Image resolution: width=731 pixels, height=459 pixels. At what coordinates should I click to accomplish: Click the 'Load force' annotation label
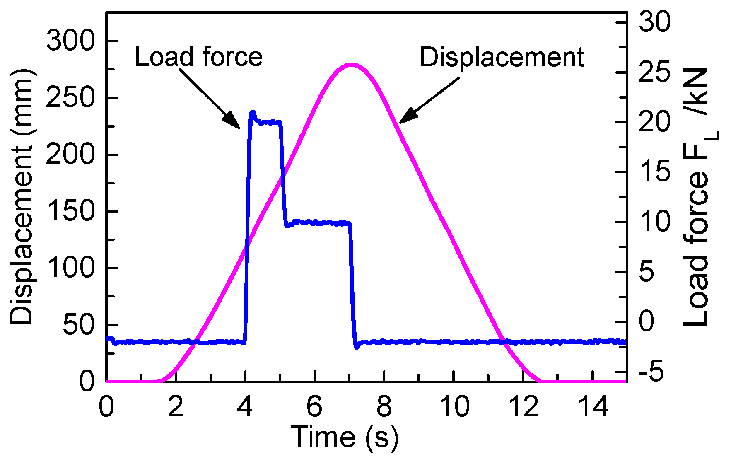198,57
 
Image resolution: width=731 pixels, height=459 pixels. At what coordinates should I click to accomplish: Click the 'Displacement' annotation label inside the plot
502,57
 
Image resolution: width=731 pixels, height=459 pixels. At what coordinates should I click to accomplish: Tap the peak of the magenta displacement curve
351,65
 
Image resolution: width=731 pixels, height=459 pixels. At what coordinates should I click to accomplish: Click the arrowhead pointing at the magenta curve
407,116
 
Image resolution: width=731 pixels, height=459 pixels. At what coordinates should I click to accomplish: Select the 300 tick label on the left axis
70,41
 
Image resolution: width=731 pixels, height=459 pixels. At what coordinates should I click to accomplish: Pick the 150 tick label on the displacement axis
70,211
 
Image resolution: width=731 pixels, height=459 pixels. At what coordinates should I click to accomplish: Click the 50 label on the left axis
79,325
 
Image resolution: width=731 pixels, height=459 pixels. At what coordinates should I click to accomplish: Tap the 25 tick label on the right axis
654,72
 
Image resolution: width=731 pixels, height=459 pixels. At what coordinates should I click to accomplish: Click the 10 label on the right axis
654,222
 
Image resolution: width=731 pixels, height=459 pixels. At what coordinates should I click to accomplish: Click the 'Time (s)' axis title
345,437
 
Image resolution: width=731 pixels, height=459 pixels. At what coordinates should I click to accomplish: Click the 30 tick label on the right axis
654,22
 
